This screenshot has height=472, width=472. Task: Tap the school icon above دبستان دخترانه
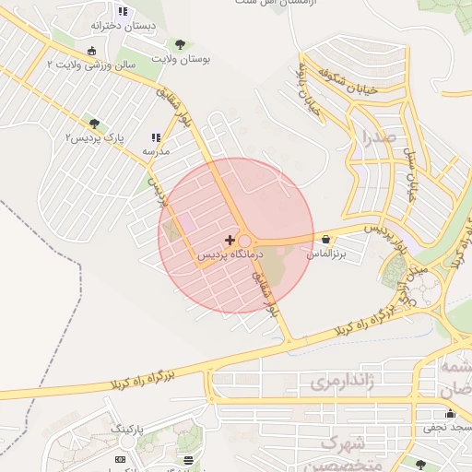pyautogui.click(x=123, y=12)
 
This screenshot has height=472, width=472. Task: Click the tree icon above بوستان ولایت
pyautogui.click(x=179, y=44)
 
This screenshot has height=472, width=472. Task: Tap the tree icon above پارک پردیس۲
pyautogui.click(x=94, y=123)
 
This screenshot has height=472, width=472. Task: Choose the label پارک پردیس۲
pyautogui.click(x=94, y=137)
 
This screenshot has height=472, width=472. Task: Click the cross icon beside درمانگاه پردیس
pyautogui.click(x=230, y=240)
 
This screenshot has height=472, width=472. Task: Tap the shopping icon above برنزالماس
pyautogui.click(x=326, y=240)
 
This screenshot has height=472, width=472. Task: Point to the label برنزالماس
pyautogui.click(x=327, y=253)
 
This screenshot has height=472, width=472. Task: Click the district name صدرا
pyautogui.click(x=378, y=140)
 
